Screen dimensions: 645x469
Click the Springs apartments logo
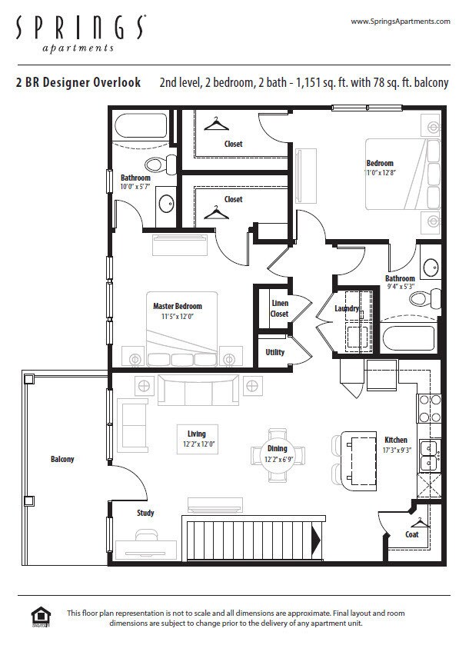click(x=79, y=32)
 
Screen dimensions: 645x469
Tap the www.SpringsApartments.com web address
click(x=399, y=22)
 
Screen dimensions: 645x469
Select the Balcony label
click(x=62, y=459)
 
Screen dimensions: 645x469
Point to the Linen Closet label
click(x=279, y=308)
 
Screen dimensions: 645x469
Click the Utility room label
click(x=275, y=352)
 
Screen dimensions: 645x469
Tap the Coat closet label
click(x=412, y=534)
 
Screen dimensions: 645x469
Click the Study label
click(x=145, y=513)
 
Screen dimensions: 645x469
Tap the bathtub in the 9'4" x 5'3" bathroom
click(x=409, y=338)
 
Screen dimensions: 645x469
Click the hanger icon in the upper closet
click(x=219, y=122)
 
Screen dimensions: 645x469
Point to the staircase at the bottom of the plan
click(x=251, y=538)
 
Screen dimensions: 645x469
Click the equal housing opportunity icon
click(x=40, y=617)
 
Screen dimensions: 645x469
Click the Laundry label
click(x=348, y=309)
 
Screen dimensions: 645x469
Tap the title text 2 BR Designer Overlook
click(x=78, y=82)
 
